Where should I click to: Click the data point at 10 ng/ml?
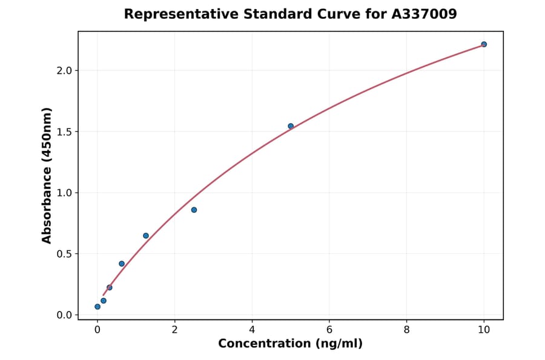(x=484, y=44)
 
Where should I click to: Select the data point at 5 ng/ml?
(x=291, y=126)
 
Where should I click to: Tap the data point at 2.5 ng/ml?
(x=194, y=210)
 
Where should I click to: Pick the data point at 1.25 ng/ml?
(x=146, y=236)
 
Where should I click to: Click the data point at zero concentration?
(x=97, y=307)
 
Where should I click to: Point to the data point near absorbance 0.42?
(x=122, y=264)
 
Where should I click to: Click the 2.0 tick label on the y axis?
(x=64, y=71)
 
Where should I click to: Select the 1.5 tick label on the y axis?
(x=64, y=132)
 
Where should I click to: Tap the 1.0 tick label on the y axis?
(x=64, y=193)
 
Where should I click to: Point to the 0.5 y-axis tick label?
(x=64, y=254)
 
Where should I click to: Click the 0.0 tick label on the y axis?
(x=64, y=315)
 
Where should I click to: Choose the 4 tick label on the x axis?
(x=252, y=330)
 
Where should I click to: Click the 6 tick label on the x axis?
(x=329, y=330)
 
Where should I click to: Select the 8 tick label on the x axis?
(x=406, y=330)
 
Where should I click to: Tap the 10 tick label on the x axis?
(x=484, y=330)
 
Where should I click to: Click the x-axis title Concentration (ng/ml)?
(x=290, y=344)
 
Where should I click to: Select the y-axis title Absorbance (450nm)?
(x=47, y=175)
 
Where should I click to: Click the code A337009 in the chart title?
(x=426, y=14)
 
